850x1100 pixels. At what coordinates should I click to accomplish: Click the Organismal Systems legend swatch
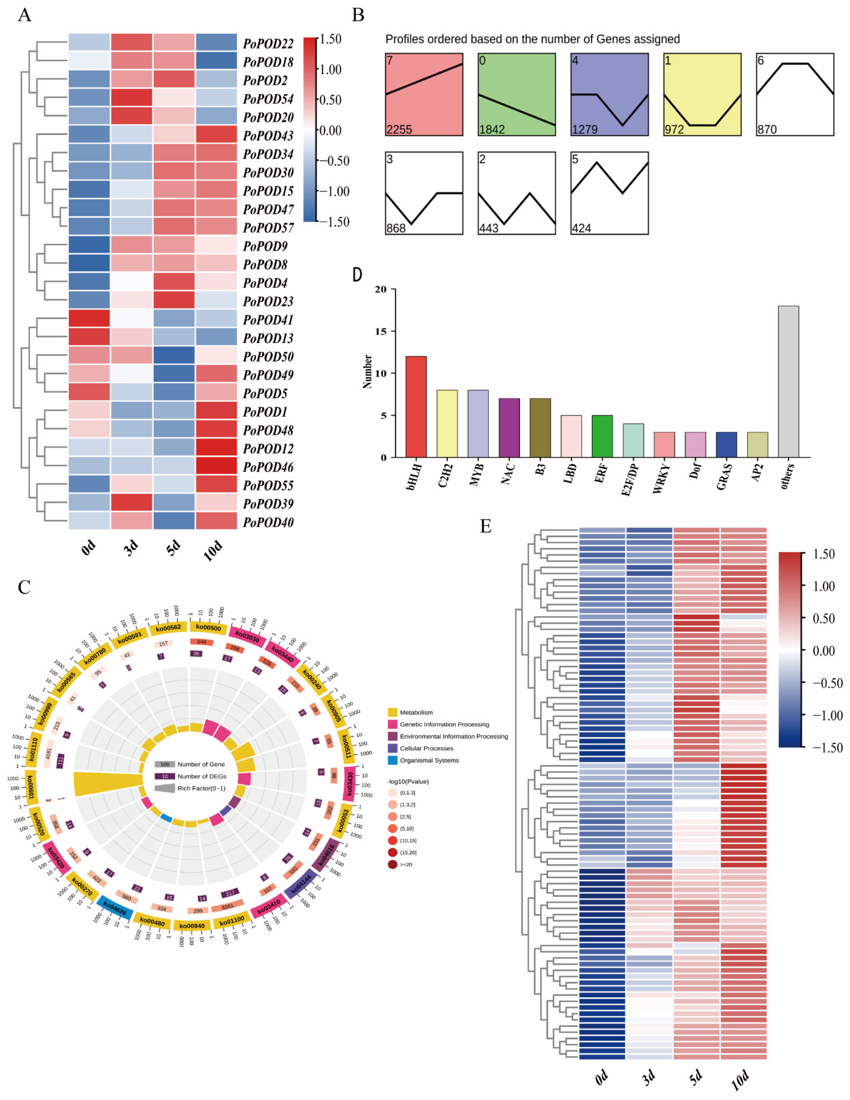[x=393, y=760]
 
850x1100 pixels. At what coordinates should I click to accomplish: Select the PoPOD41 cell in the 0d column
[x=89, y=320]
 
